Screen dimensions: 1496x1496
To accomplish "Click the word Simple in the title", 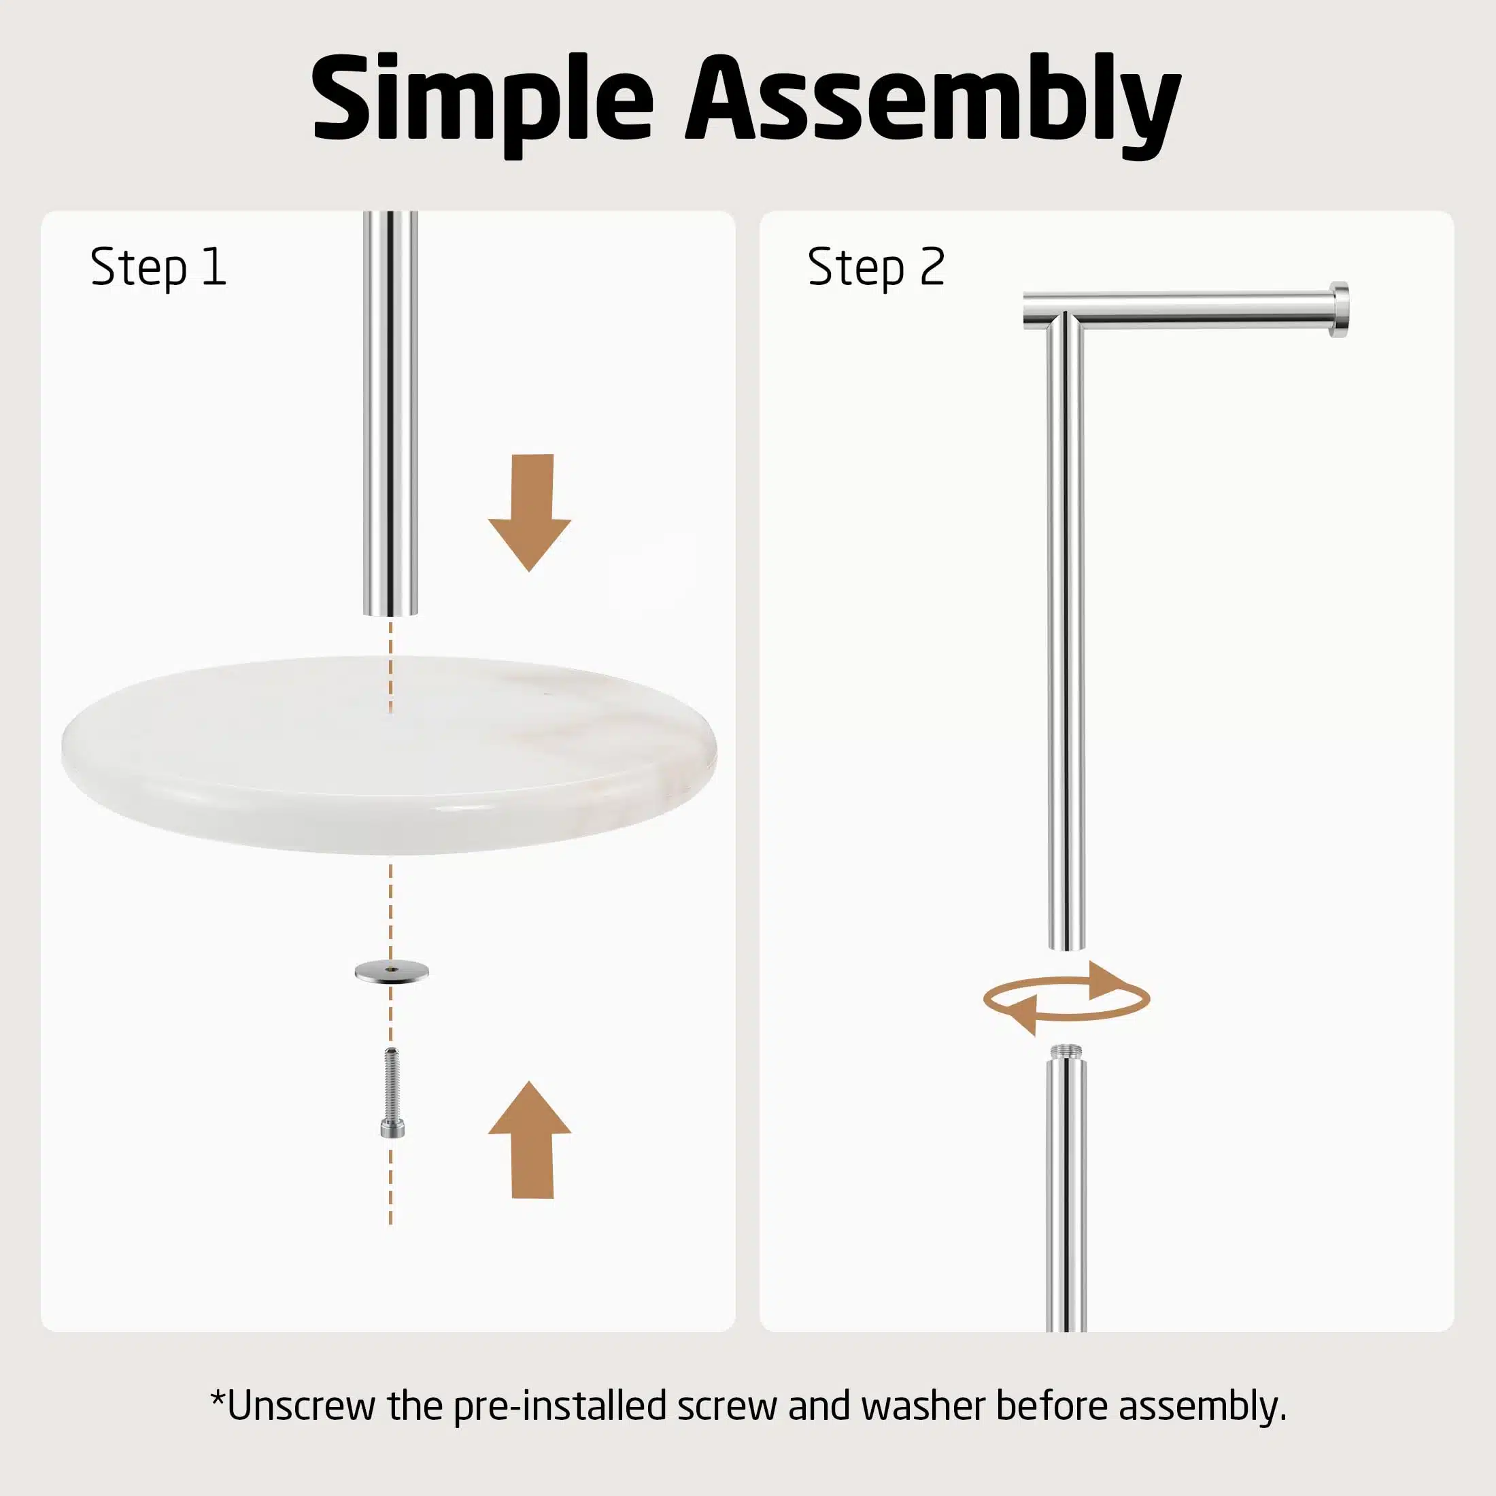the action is (482, 101).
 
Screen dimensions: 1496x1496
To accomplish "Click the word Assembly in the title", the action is (932, 105).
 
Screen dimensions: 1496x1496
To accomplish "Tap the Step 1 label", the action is (158, 267).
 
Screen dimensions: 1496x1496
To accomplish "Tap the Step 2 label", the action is (876, 267).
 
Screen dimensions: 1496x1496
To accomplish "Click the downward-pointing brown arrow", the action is (530, 512).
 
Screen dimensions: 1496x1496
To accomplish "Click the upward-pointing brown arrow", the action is (530, 1140).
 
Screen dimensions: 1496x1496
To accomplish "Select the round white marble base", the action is (390, 755).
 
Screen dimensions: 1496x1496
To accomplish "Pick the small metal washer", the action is (391, 971).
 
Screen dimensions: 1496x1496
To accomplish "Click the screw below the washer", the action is (392, 1093).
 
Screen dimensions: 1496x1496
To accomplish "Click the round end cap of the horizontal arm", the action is (1340, 309).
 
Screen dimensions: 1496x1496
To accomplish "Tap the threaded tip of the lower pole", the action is (1066, 1053).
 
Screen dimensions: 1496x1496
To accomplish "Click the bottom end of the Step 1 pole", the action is (390, 612).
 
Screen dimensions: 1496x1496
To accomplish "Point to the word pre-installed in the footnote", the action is (560, 1407).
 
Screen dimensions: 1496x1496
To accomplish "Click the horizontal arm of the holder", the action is (1185, 309).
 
